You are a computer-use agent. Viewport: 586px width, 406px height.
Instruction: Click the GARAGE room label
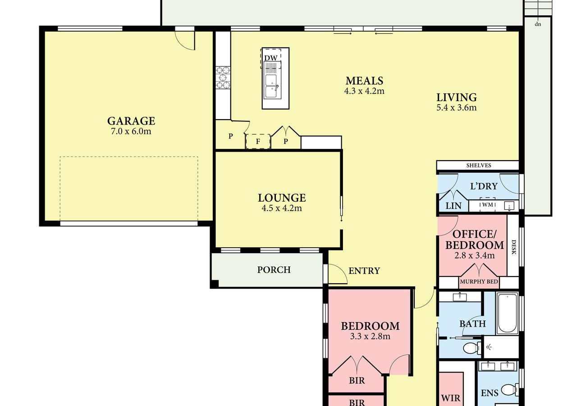click(131, 121)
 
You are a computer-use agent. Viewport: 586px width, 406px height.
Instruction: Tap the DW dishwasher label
click(271, 58)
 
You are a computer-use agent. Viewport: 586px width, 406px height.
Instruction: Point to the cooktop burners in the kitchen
click(223, 78)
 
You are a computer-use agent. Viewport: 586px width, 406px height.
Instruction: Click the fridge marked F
click(258, 142)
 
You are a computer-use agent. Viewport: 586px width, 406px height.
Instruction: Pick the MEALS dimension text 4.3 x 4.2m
click(364, 91)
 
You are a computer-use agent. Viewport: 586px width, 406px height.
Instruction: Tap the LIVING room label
click(457, 97)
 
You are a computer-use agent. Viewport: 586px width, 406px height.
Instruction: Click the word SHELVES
click(479, 166)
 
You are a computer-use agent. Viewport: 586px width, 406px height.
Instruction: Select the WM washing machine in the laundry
click(488, 204)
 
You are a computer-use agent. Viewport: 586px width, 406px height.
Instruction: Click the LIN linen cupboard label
click(453, 206)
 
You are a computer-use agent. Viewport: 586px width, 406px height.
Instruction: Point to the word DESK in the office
click(513, 247)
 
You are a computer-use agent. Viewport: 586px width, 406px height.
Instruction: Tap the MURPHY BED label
click(479, 281)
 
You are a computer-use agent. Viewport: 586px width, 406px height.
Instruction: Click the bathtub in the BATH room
click(507, 314)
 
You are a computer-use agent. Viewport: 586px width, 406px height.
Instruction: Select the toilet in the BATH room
click(472, 348)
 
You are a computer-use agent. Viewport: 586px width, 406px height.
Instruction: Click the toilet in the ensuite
click(510, 390)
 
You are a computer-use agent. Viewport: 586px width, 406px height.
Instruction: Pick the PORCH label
click(274, 270)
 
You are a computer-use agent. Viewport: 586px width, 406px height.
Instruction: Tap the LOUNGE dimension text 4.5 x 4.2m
click(282, 208)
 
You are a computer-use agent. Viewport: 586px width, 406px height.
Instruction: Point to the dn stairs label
click(538, 24)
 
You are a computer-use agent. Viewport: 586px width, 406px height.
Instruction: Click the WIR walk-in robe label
click(450, 398)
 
